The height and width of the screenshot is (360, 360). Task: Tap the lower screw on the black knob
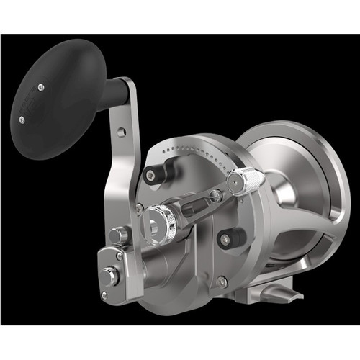(x=22, y=120)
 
